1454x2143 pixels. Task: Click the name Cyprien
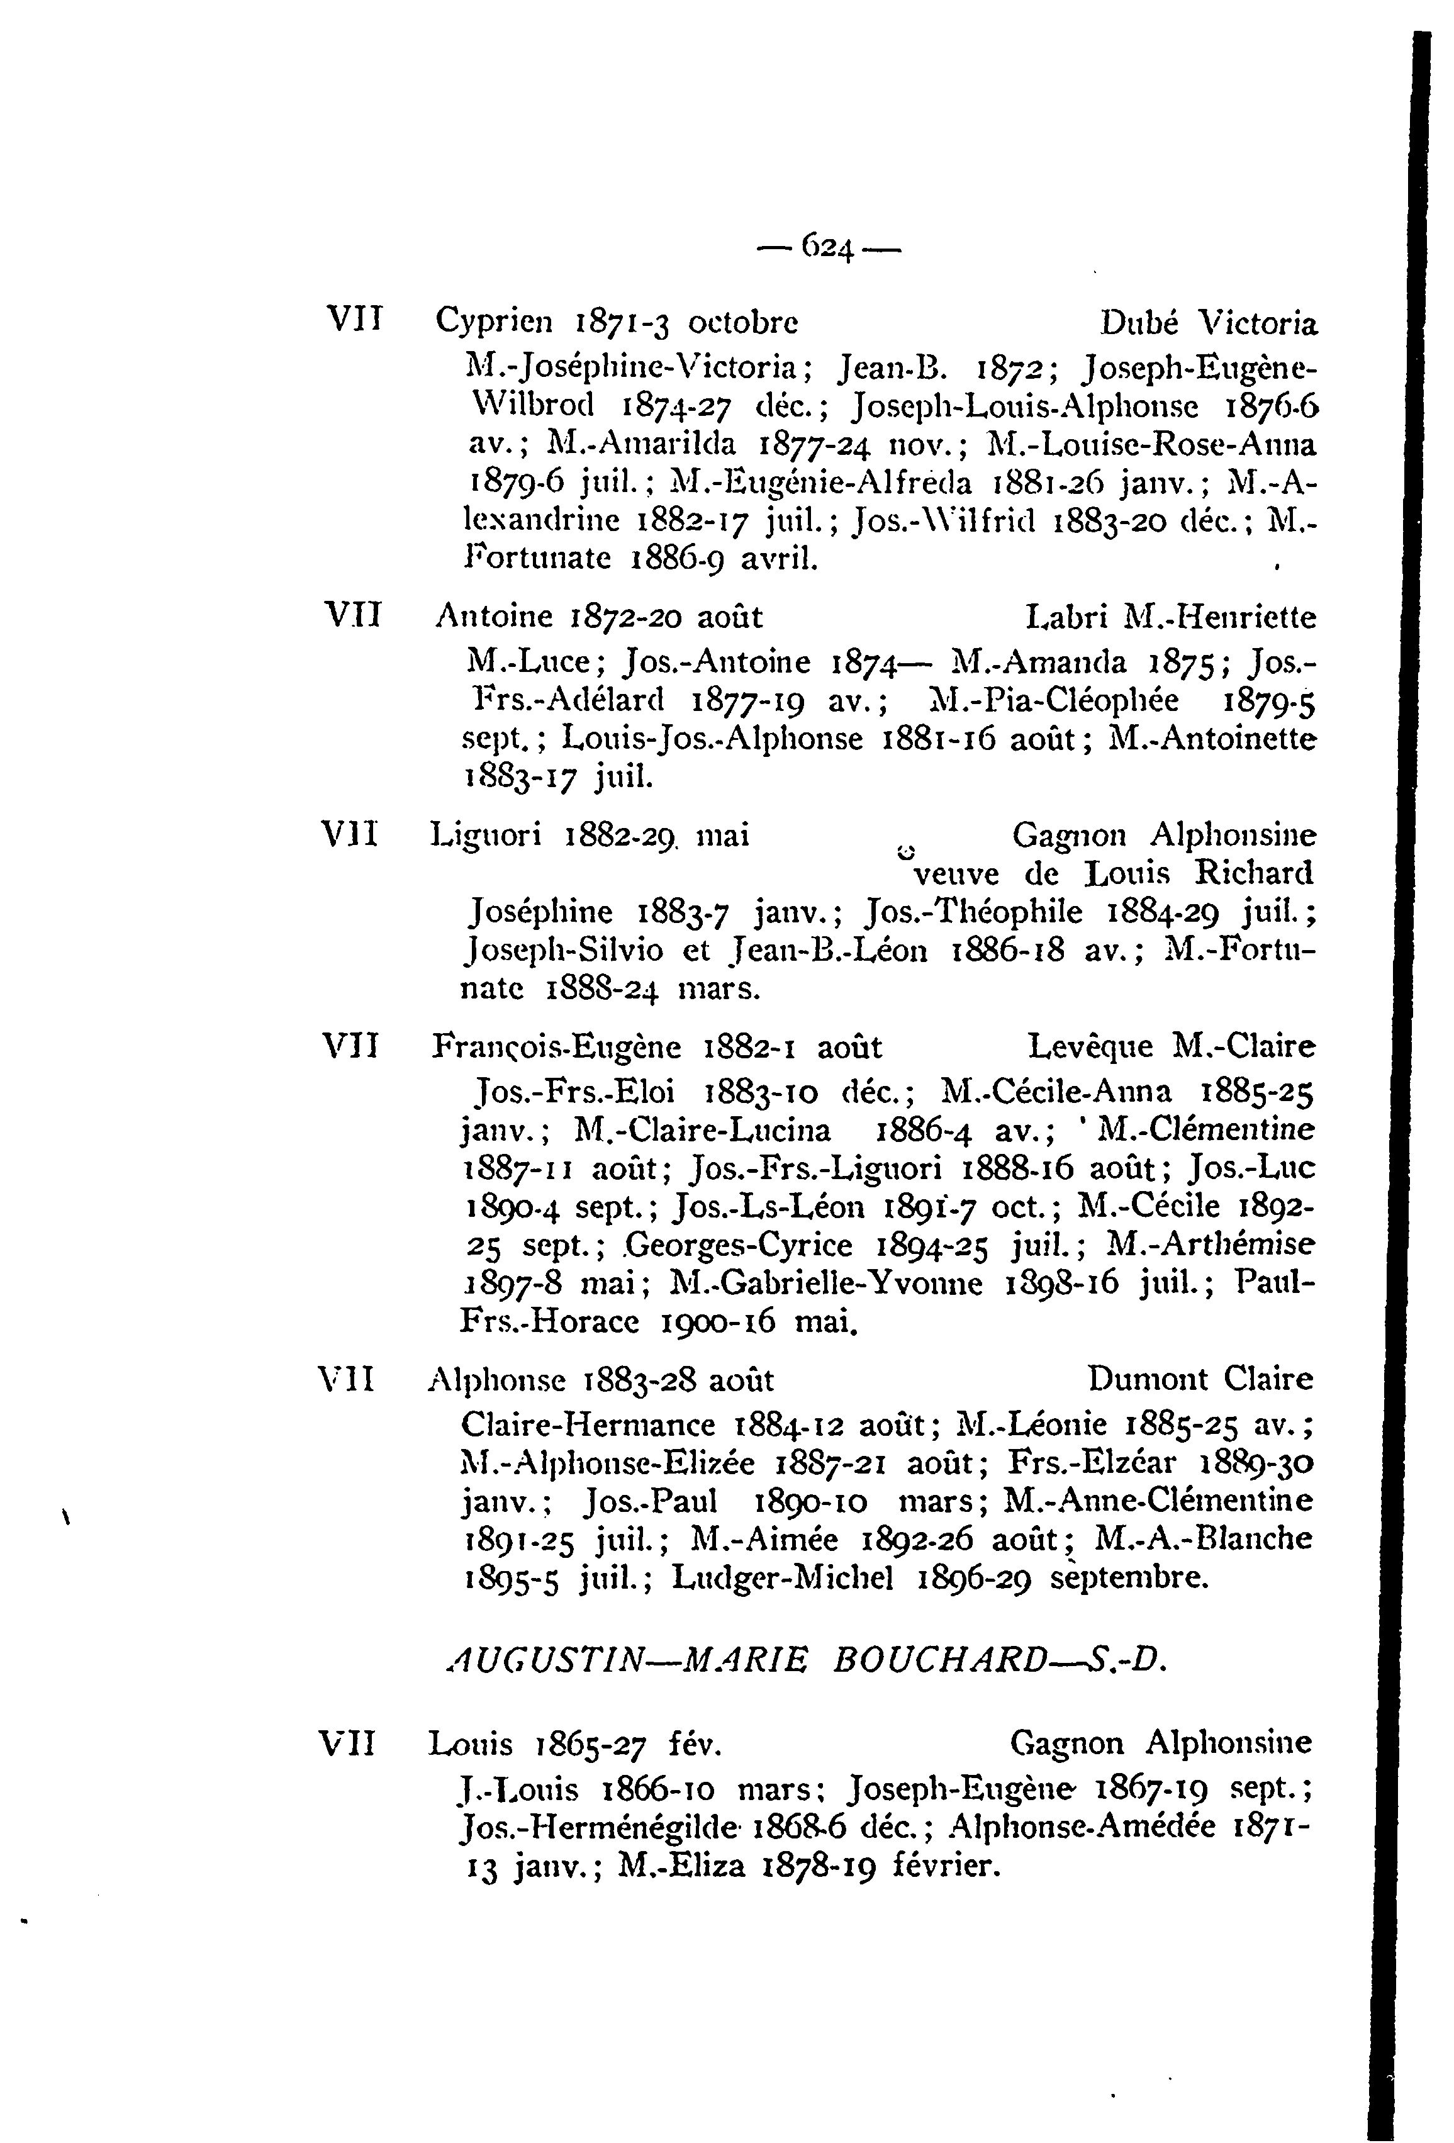click(493, 323)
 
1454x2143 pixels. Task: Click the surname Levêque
click(1090, 1048)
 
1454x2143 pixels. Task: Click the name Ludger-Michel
click(782, 1579)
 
